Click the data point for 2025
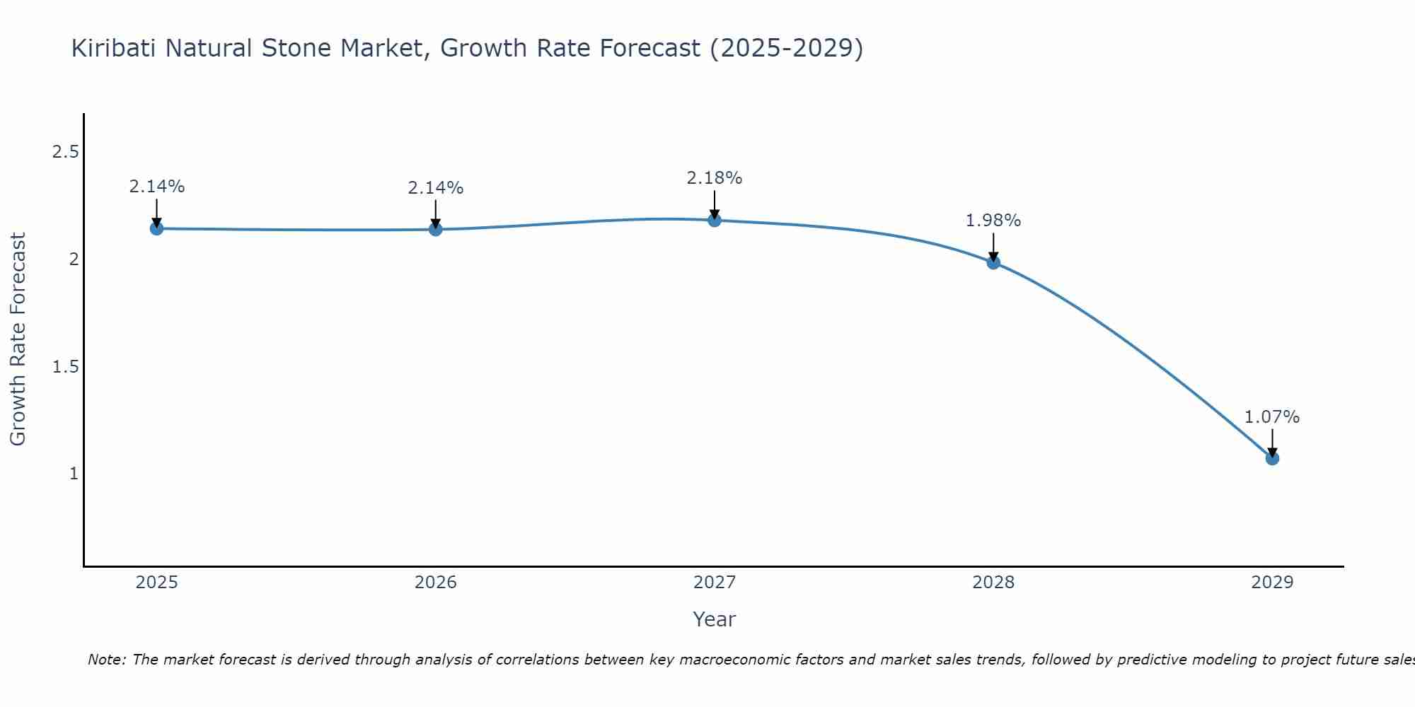pos(156,228)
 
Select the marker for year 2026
pos(436,229)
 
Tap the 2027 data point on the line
pos(715,220)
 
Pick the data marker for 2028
pos(993,262)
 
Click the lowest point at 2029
pos(1272,458)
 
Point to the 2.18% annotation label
pos(715,178)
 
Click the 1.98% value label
pos(993,221)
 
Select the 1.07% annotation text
pos(1272,417)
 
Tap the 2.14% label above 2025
pos(156,187)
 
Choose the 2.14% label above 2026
pos(436,188)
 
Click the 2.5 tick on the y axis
pos(65,152)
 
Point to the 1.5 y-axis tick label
pos(65,366)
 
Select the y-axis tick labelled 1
pos(74,474)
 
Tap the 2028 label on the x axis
pos(993,583)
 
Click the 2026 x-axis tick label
pos(436,583)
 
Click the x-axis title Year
pos(715,619)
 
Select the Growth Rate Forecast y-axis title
pos(18,339)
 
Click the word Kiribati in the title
pos(114,48)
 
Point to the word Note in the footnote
pos(106,660)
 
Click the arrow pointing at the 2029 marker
pos(1272,443)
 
